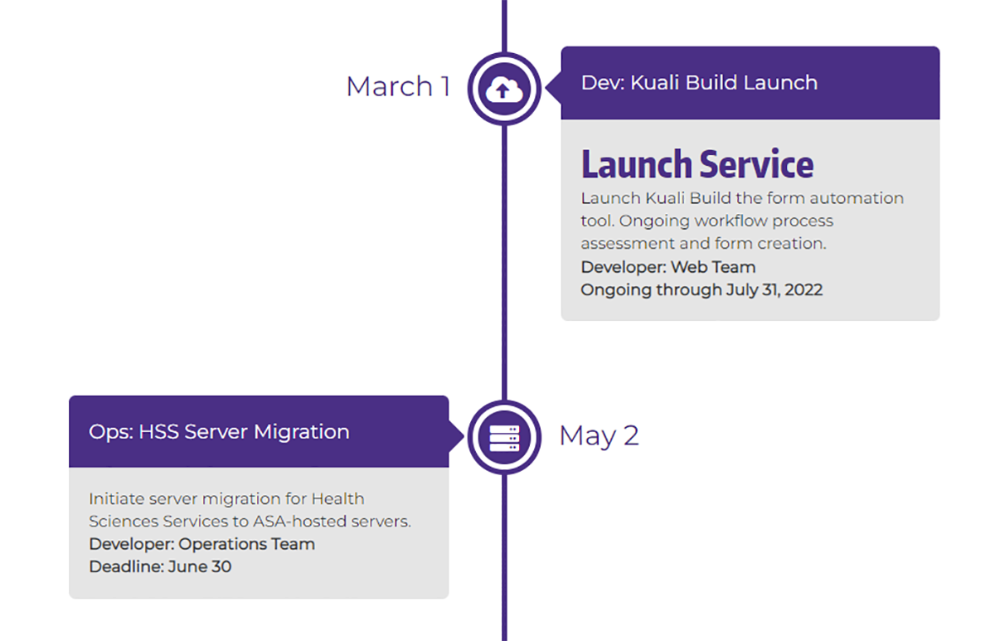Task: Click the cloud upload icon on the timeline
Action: click(x=504, y=89)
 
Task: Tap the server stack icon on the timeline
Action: click(x=504, y=438)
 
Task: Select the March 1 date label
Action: click(x=398, y=86)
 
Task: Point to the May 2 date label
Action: click(x=599, y=435)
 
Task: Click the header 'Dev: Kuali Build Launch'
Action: click(x=699, y=83)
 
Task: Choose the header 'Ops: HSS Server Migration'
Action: click(x=219, y=432)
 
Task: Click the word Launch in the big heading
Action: click(x=636, y=164)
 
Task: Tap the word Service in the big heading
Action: click(x=756, y=164)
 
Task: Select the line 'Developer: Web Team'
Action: click(x=668, y=267)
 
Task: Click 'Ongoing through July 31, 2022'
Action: click(x=701, y=289)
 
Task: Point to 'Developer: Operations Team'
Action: click(x=201, y=544)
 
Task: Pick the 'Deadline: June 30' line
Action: click(x=160, y=566)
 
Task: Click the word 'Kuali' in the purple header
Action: click(x=658, y=83)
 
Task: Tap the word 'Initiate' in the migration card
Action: click(x=115, y=499)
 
